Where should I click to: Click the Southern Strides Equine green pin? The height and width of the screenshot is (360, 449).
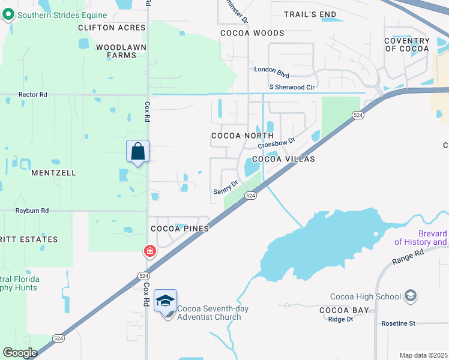(x=8, y=15)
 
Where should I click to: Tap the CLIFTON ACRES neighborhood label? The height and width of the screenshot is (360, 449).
(x=112, y=28)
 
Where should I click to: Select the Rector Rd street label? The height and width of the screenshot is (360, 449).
(x=32, y=95)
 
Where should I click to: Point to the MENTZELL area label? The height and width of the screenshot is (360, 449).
(x=53, y=173)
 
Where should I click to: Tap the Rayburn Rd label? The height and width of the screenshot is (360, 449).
(x=33, y=211)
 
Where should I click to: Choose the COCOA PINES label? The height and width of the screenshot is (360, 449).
(x=179, y=229)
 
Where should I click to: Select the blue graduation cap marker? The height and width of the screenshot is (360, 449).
(x=165, y=301)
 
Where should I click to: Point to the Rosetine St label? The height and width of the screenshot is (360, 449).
(x=399, y=323)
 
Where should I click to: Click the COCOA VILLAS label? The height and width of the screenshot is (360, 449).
(x=283, y=159)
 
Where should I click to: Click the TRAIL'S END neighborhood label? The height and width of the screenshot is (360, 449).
(x=310, y=14)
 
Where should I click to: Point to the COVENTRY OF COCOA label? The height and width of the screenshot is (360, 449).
(x=407, y=44)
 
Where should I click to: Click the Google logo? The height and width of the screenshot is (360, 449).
(x=20, y=353)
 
